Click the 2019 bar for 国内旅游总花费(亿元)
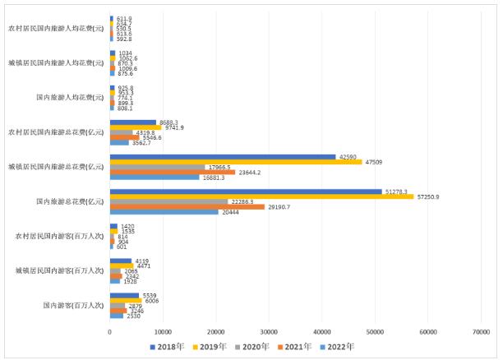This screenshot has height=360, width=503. pos(261,196)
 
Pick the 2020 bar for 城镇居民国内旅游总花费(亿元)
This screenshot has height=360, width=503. pos(157,167)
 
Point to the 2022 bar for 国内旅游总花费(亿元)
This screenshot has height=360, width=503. pos(164,212)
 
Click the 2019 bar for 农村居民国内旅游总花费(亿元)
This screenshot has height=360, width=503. pos(136,127)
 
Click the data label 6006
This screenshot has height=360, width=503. pos(150,300)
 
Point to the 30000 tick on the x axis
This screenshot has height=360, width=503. pos(269,330)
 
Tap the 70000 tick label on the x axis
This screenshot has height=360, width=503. pos(481,330)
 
